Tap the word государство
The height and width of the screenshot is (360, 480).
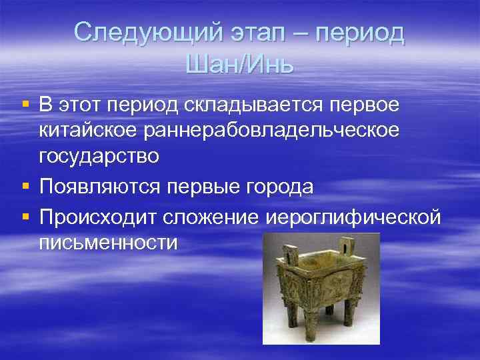[99, 156]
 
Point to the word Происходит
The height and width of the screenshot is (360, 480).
[99, 218]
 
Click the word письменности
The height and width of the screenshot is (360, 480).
[108, 243]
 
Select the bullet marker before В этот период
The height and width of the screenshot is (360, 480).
[25, 105]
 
